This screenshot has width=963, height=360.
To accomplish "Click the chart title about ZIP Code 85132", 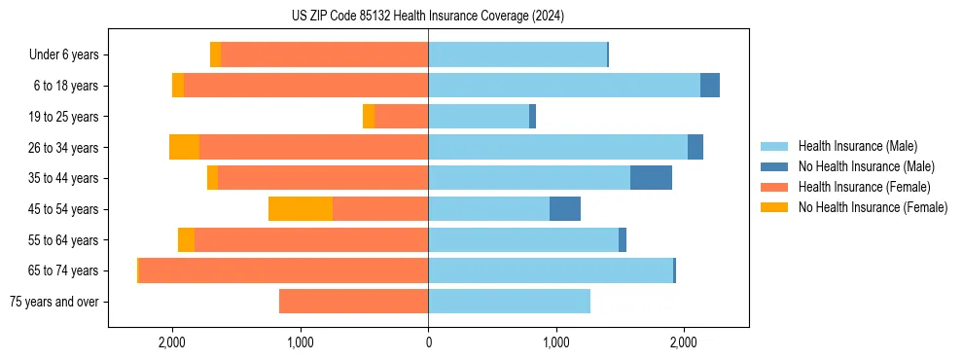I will point(428,17).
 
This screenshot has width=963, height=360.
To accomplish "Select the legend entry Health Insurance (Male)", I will point(857,146).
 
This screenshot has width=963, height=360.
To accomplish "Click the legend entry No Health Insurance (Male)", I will point(866,166).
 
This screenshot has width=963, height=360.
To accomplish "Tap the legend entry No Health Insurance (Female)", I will point(873,207).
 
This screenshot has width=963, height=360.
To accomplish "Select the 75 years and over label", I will point(54,302).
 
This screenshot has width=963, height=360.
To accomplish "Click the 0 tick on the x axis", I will point(428,342).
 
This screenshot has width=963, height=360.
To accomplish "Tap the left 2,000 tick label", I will point(172,342).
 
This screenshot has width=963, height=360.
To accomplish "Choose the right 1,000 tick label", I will point(555,342).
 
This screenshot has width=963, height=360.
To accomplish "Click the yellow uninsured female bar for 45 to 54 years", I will point(301,209).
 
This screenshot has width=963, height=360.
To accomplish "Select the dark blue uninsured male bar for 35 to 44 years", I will point(651,178).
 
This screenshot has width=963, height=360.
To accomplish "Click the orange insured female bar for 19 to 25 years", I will point(401,117).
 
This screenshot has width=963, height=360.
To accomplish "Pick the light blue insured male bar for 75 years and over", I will point(509,302).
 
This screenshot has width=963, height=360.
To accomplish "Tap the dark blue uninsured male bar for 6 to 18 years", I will point(710,86).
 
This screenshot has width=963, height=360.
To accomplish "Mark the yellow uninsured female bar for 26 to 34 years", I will point(184,147).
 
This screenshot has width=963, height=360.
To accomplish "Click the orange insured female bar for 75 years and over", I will point(353,302).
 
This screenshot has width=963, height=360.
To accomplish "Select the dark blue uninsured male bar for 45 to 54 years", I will point(565,209).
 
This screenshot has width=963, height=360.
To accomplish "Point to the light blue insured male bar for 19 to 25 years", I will point(479,117).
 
